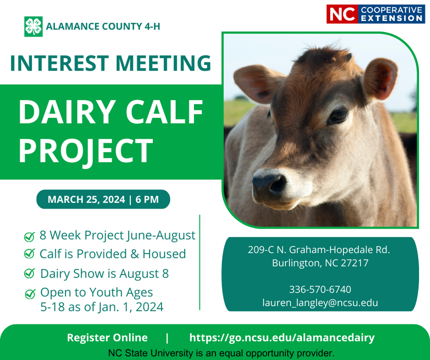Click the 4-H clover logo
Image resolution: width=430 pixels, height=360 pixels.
click(33, 27)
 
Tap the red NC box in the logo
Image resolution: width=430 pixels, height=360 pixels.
click(342, 14)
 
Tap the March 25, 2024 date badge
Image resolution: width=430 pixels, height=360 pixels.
click(103, 199)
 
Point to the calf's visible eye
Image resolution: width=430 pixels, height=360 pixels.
click(339, 115)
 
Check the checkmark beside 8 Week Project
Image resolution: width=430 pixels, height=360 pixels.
click(30, 236)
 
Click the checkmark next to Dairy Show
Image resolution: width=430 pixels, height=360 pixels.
click(30, 274)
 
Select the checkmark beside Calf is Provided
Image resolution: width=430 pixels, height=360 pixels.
click(30, 254)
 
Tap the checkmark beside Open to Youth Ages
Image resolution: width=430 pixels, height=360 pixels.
click(30, 293)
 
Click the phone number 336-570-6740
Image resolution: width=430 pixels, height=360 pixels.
click(320, 289)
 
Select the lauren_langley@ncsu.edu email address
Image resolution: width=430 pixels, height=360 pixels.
click(320, 302)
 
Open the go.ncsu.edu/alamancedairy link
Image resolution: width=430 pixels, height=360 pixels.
click(282, 338)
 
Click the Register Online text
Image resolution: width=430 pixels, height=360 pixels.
click(107, 338)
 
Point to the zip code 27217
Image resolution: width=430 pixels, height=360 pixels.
click(353, 263)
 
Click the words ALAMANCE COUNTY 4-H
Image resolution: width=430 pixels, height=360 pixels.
click(103, 27)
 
